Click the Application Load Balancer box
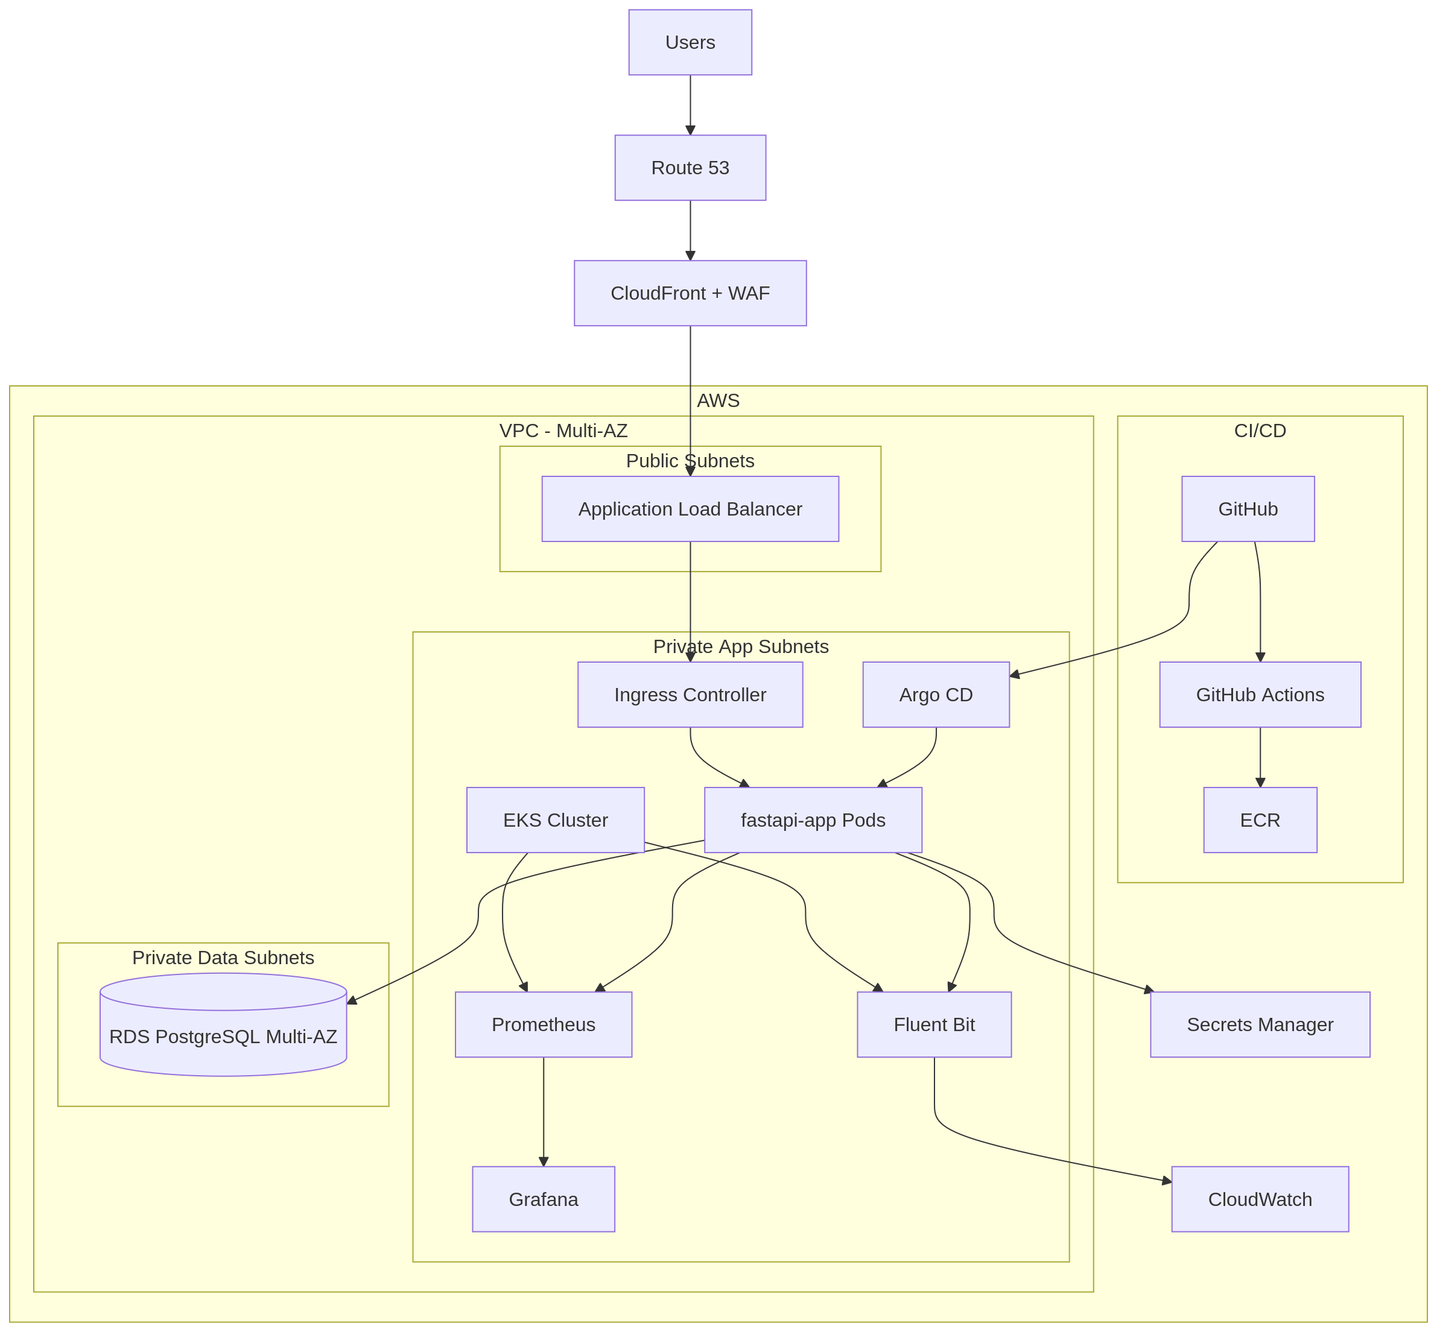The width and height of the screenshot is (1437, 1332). (x=690, y=509)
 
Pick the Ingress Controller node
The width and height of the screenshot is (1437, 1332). (x=690, y=695)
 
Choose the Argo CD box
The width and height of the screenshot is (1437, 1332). (x=936, y=695)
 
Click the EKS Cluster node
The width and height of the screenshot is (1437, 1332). (x=555, y=820)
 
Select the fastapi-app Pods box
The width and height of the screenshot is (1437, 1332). (x=813, y=820)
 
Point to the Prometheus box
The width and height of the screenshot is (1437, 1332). (x=543, y=1025)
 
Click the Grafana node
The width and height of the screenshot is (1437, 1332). (x=543, y=1199)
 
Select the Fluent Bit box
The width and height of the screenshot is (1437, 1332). (x=934, y=1025)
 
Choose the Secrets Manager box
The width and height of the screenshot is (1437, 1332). (x=1260, y=1025)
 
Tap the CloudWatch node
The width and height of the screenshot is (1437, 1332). (x=1260, y=1199)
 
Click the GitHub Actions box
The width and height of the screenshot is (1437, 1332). (x=1260, y=695)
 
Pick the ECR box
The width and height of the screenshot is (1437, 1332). (x=1260, y=820)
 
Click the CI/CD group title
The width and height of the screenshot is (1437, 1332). (x=1260, y=431)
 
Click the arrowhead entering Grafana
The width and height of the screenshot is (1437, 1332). (x=544, y=1161)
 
